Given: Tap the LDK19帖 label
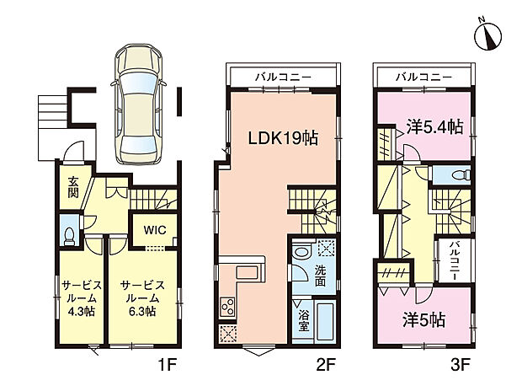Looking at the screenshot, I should (281, 138).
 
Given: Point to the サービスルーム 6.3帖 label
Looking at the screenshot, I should (137, 297).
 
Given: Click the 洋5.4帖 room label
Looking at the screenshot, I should (431, 126).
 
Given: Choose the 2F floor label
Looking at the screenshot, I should (327, 368).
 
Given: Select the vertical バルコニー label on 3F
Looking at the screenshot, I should (453, 260).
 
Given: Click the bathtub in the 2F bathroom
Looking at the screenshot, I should (326, 321).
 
